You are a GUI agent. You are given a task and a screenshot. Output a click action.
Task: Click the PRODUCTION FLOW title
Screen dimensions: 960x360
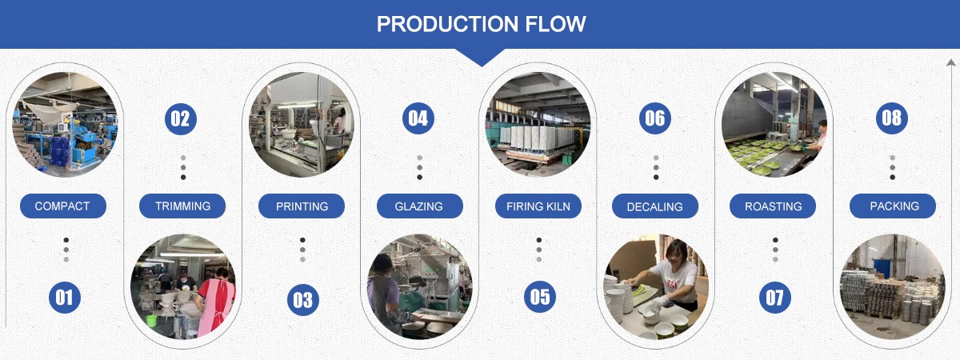coord(481,24)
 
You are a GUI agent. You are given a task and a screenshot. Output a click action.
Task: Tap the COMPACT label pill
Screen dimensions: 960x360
coord(63,206)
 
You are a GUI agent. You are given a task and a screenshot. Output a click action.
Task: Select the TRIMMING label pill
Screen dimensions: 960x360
coord(182,206)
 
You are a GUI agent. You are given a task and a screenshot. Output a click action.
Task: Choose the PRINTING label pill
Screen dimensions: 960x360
coord(302,206)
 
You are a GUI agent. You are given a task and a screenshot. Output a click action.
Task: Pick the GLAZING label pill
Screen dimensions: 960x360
coord(419,206)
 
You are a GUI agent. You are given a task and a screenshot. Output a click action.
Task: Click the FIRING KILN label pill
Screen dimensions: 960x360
coord(538,206)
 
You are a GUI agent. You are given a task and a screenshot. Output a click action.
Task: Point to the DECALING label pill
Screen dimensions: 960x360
coord(655,206)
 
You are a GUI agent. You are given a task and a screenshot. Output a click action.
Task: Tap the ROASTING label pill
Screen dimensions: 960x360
coord(773,206)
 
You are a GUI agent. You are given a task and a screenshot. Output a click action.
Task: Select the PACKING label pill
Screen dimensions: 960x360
coord(893,206)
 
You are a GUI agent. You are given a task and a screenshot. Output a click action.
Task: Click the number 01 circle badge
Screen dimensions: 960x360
coord(65,298)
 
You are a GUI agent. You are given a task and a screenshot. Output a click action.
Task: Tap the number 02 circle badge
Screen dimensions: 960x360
coord(181,118)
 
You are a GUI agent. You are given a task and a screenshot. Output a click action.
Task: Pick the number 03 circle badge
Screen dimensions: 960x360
coord(303,299)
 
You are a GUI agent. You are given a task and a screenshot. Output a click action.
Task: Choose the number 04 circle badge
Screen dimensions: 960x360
coord(418,118)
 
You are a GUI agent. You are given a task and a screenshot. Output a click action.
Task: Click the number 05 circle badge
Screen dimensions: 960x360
coord(540,297)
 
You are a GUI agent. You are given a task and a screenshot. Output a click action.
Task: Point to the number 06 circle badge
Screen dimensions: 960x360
coord(655,118)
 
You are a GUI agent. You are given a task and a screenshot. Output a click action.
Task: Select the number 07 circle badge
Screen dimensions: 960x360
coord(775,298)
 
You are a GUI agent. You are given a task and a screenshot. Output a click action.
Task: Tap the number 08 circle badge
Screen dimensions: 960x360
coord(892,118)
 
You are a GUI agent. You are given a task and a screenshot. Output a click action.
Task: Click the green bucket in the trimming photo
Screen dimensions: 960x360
coord(152,321)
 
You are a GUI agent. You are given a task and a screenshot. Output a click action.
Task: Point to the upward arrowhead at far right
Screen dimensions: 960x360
coord(950,63)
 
